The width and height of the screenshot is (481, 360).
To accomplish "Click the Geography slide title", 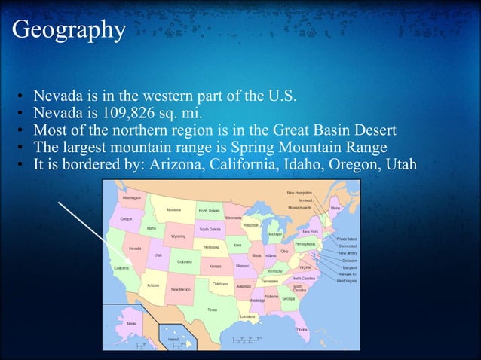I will point(69,29).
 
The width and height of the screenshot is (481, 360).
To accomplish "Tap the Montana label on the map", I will point(174,210).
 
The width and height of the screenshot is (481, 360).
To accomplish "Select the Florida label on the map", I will point(302,330).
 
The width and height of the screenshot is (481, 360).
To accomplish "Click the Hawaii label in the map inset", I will point(173,340).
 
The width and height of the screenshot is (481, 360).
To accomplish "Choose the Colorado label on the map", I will point(184,261).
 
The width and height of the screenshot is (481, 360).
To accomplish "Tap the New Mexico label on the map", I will point(180,289).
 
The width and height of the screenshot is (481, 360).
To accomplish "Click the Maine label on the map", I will point(335,208).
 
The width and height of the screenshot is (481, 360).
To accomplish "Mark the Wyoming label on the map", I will point(178,236).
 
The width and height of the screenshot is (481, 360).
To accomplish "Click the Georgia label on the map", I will point(289,298).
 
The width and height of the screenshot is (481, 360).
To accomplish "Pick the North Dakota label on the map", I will point(210,211).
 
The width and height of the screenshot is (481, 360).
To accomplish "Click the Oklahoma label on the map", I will point(220,284).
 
